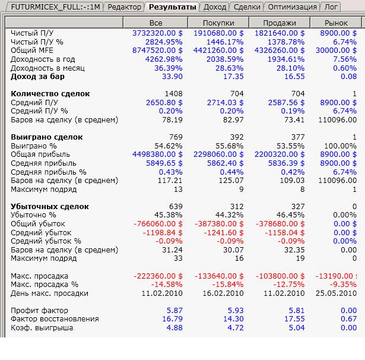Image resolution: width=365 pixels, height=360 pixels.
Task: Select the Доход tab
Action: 214,7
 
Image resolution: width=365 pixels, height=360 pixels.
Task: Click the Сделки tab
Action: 246,7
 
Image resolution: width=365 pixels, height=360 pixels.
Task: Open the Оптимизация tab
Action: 291,7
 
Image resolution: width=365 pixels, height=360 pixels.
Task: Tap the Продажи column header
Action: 278,23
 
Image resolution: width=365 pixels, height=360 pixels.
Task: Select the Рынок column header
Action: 337,23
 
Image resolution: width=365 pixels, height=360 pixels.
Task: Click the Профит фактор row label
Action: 39,311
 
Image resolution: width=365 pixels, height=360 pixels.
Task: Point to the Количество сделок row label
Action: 50,94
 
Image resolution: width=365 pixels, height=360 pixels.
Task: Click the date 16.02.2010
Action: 223,293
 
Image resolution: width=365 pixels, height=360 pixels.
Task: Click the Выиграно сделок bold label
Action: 47,137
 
